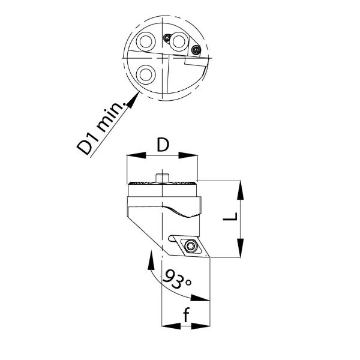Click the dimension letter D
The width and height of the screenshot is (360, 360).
pos(162,145)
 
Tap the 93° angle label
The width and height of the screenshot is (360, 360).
pos(178,278)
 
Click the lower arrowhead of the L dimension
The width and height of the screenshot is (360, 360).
pos(240,251)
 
